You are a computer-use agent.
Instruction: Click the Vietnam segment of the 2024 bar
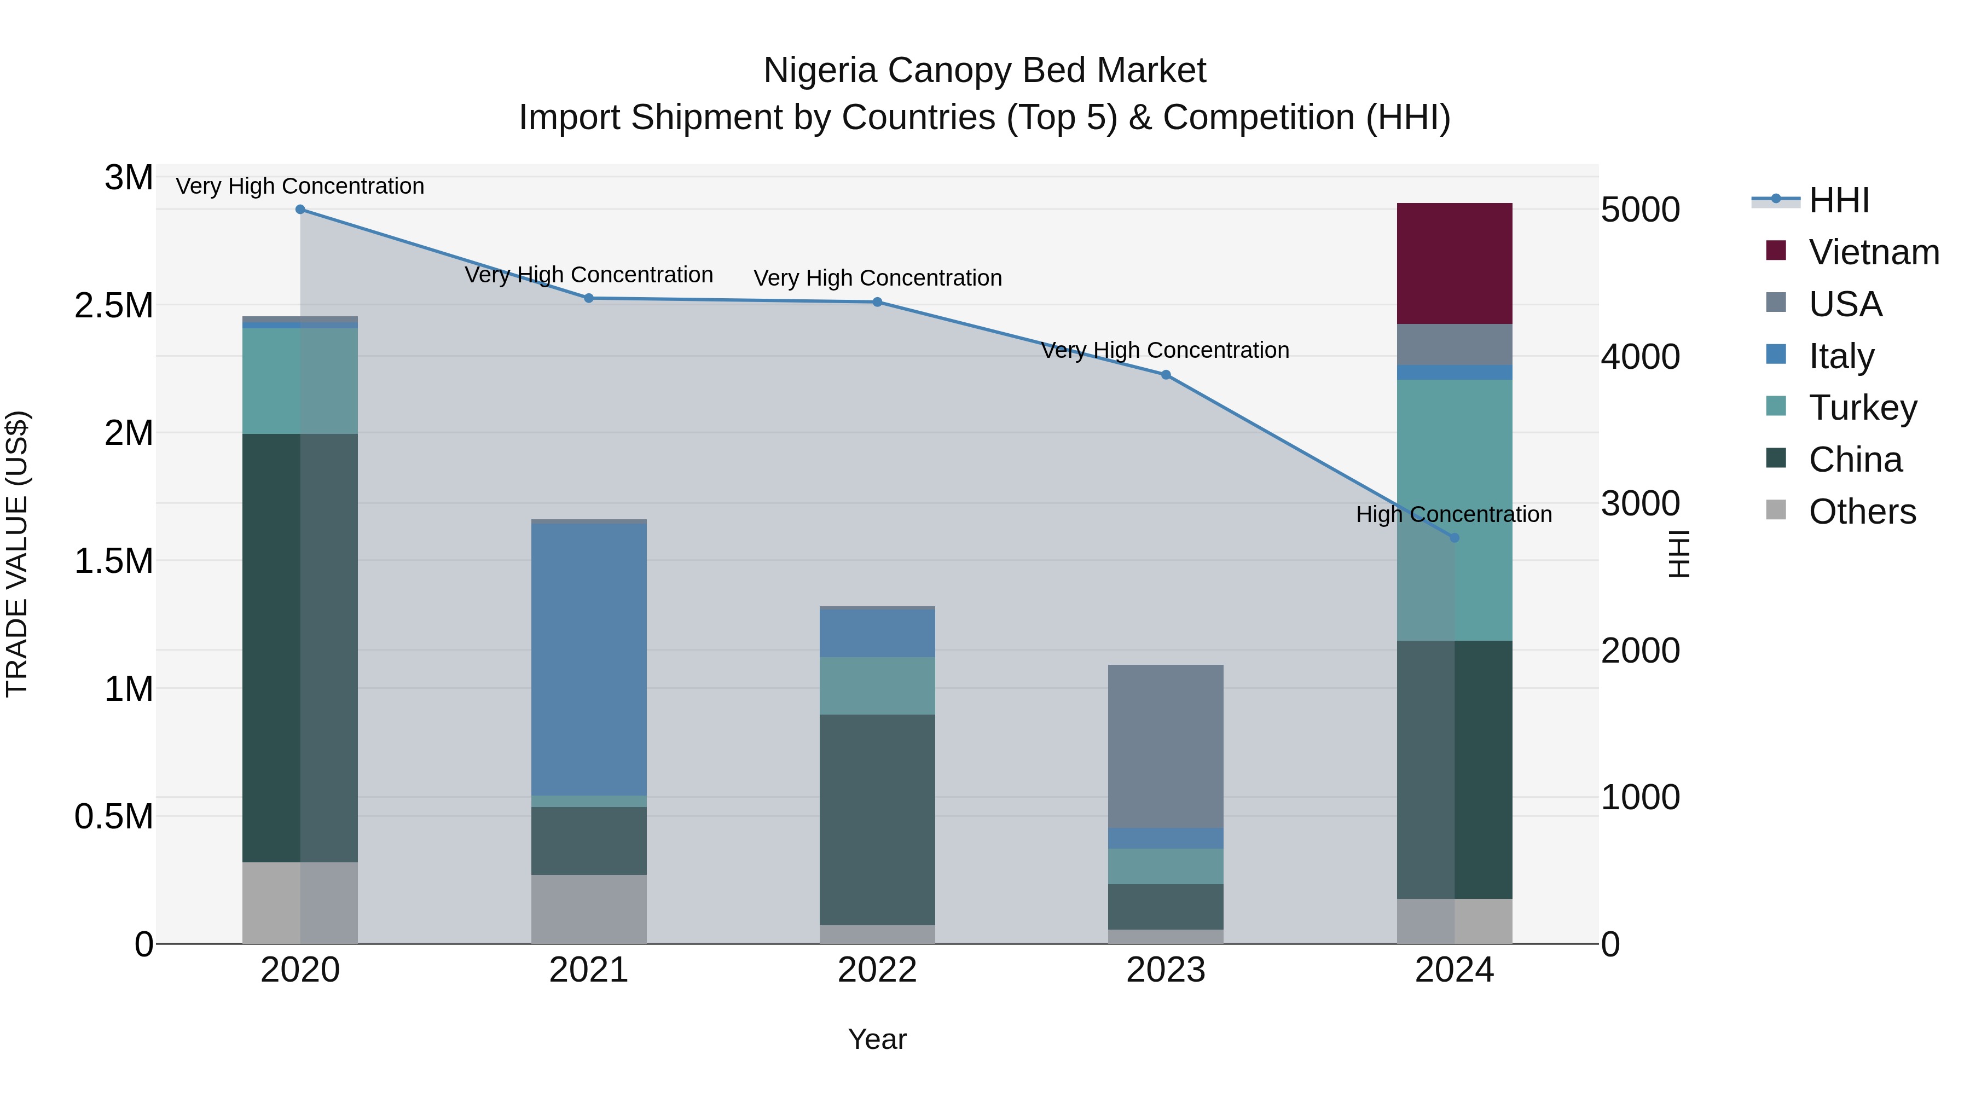point(1454,263)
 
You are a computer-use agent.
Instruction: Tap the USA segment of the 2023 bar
point(1166,746)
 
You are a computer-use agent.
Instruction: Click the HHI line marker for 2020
point(300,210)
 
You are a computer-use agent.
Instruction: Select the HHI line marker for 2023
point(1166,375)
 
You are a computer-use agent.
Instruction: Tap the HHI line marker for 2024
point(1455,537)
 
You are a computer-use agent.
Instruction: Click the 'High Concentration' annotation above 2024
point(1454,515)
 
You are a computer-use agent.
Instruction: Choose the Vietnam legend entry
point(1874,252)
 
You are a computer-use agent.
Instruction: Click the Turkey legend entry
point(1863,408)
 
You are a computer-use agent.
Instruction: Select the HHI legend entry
point(1839,200)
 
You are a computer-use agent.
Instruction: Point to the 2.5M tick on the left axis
point(113,306)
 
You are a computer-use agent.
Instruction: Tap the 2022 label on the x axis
point(877,970)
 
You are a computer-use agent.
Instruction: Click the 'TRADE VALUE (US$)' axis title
point(17,554)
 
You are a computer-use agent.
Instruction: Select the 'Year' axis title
point(877,1039)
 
